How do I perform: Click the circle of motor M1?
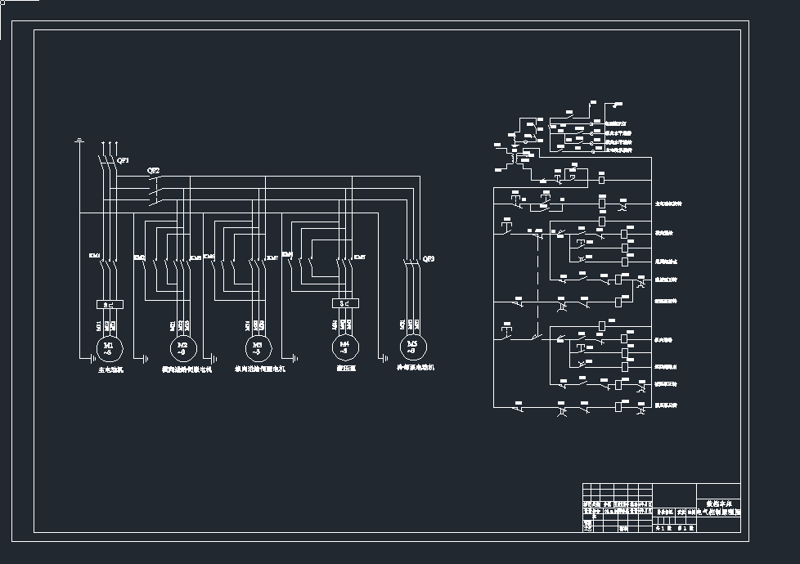[109, 347]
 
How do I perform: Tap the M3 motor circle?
[258, 347]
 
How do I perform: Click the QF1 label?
[124, 160]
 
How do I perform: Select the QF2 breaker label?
[153, 171]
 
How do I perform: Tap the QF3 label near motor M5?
[428, 258]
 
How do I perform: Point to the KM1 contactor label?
[94, 256]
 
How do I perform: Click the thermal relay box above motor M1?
[109, 303]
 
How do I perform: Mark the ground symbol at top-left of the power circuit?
[79, 141]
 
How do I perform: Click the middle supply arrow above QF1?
[108, 145]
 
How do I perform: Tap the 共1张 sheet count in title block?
[663, 528]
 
